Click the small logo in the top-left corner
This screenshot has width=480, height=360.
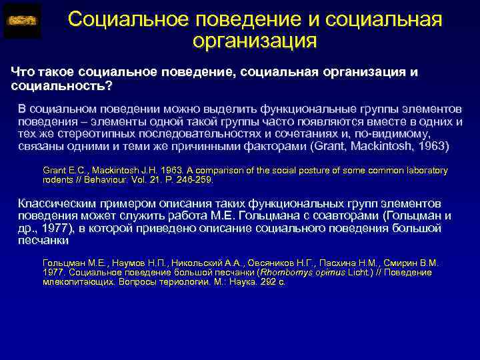tap(22, 21)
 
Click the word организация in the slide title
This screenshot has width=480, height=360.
tap(254, 42)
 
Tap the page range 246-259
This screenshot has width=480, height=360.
tap(193, 180)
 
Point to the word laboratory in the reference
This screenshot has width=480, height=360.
tap(425, 171)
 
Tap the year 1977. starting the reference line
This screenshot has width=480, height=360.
tap(53, 272)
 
